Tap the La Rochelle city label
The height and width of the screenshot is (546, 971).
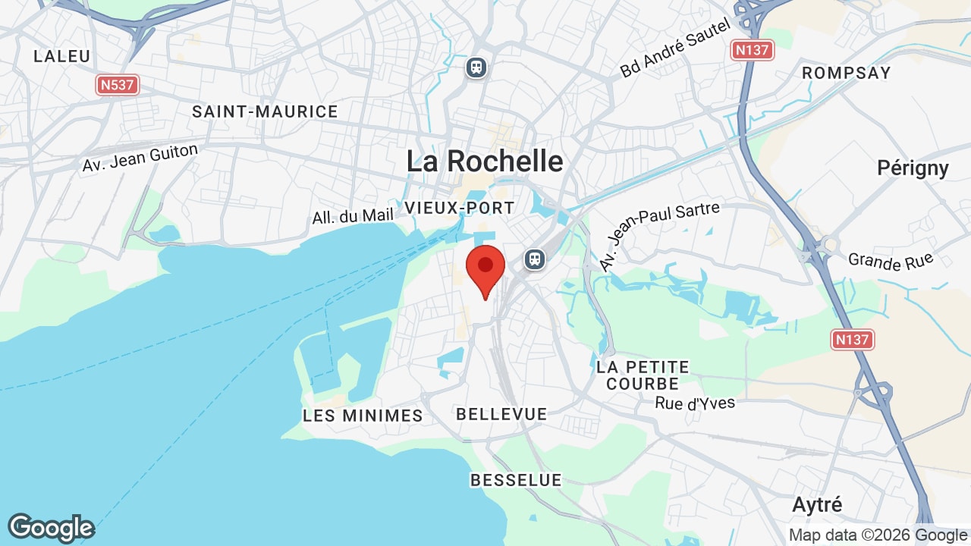pos(485,162)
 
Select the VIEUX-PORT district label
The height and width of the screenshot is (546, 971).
pos(460,208)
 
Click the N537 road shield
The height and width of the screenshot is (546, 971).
pos(118,85)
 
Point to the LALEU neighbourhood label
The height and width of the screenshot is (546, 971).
pos(62,56)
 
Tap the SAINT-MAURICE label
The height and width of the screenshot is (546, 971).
pos(265,111)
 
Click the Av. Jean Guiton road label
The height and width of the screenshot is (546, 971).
pos(140,158)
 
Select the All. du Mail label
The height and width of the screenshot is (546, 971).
pos(353,216)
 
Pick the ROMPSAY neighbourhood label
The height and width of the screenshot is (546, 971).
pos(846,73)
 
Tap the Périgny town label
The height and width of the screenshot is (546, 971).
pos(913,168)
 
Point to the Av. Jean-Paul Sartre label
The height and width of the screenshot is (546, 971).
pos(658,236)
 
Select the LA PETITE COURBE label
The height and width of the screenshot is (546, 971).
pos(643,375)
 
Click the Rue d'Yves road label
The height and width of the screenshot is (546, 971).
pos(695,403)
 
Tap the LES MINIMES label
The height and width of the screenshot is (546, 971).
pos(363,416)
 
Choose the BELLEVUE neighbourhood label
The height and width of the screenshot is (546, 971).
pos(501,414)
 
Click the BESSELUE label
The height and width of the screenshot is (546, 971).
pos(516,480)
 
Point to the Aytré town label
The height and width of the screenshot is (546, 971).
pos(817,504)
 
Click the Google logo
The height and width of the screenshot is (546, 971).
pos(51,528)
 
